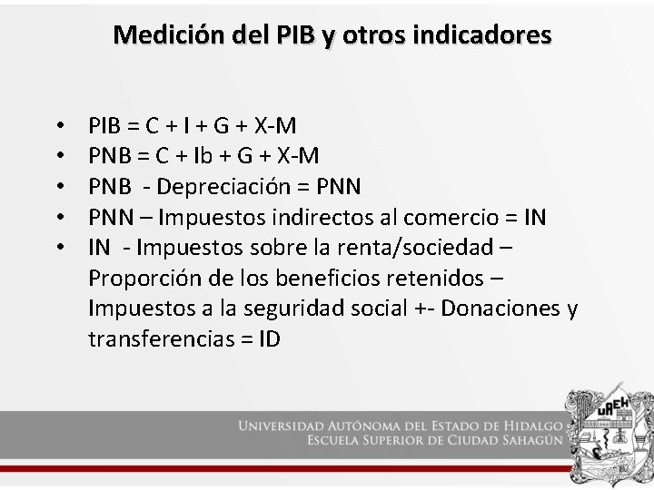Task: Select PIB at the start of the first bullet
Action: (106, 124)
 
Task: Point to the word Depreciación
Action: (231, 186)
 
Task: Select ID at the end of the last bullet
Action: (268, 340)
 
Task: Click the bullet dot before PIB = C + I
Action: (58, 125)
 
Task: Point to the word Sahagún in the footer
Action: (530, 441)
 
